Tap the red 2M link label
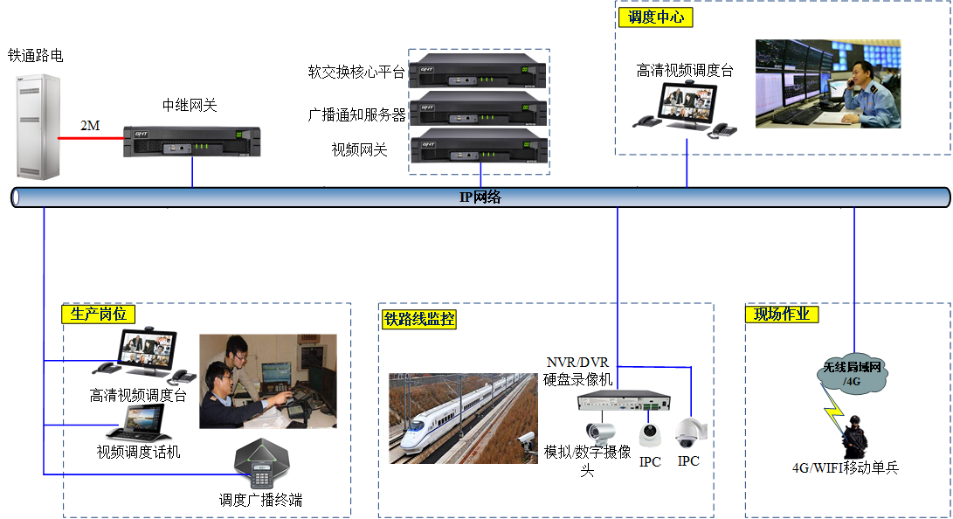[x=90, y=126]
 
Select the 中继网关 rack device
[x=191, y=142]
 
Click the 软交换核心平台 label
[x=356, y=73]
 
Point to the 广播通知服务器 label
[x=356, y=114]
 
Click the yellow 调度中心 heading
[x=656, y=17]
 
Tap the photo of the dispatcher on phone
[x=827, y=84]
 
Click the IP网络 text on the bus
[x=480, y=197]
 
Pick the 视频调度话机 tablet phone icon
[x=140, y=425]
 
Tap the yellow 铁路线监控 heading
[x=419, y=319]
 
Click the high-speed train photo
[x=462, y=418]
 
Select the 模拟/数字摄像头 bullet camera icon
[x=600, y=431]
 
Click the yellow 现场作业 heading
[x=782, y=314]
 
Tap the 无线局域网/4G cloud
[x=853, y=375]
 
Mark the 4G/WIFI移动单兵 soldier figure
[x=851, y=437]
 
